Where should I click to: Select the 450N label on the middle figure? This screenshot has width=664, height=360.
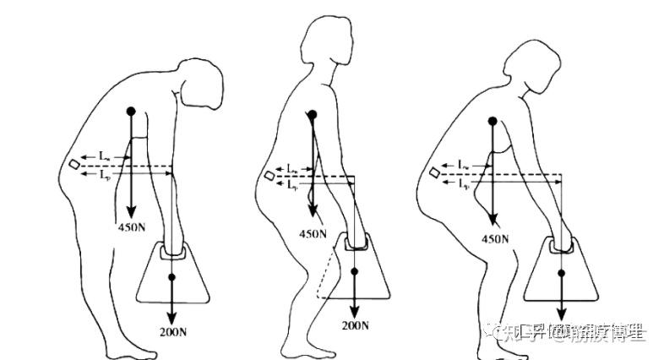click(314, 234)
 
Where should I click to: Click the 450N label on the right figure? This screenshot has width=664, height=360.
click(495, 239)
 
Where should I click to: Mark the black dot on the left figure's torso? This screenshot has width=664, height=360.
click(130, 111)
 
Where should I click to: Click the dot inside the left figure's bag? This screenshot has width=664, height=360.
click(171, 277)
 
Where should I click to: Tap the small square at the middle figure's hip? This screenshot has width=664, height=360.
click(269, 175)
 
